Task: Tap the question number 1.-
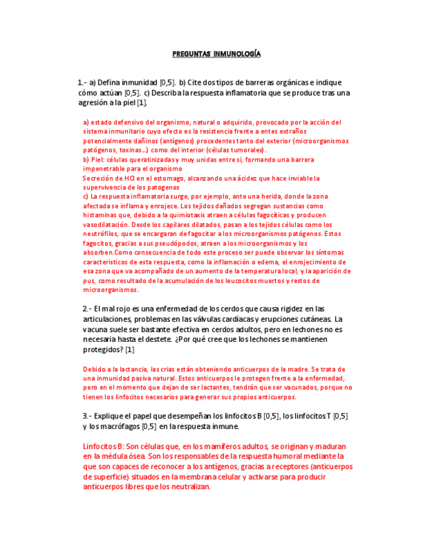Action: [x=81, y=83]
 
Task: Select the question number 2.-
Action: [x=87, y=309]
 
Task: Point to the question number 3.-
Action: [x=87, y=416]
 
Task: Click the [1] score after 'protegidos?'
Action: [x=130, y=350]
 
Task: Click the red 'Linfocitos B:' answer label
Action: [x=103, y=447]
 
